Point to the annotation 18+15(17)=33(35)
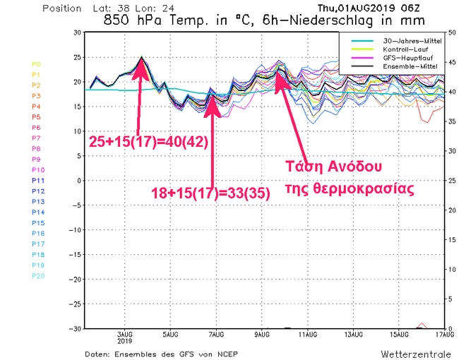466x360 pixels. (x=210, y=192)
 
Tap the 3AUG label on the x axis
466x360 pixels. (x=125, y=335)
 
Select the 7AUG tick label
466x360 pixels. (x=216, y=335)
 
